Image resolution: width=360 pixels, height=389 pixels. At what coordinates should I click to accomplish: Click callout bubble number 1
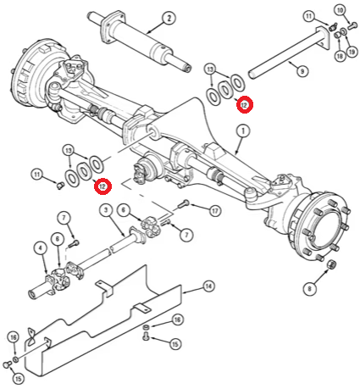[243, 131]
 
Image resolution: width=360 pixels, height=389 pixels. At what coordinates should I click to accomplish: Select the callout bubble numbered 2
[169, 18]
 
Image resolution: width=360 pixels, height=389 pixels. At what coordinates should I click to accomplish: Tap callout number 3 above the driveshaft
[106, 210]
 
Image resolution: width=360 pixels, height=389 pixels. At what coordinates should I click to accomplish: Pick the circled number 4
[41, 249]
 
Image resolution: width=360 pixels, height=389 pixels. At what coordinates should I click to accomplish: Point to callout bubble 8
[310, 289]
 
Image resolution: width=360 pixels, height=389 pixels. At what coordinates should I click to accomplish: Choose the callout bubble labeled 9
[302, 71]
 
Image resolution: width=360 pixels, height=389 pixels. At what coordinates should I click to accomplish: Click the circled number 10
[341, 10]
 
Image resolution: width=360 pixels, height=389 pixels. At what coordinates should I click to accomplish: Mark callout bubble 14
[208, 286]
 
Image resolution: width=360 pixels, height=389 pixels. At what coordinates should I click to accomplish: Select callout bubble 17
[215, 211]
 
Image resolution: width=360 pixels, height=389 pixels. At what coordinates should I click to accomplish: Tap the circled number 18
[340, 56]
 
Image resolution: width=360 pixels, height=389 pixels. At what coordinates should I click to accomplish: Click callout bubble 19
[352, 52]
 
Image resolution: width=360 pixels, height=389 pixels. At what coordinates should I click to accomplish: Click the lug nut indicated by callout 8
[332, 264]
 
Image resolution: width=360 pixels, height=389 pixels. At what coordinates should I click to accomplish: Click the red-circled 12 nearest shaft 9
[244, 105]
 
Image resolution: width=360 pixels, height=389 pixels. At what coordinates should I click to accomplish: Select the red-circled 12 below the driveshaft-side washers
[102, 186]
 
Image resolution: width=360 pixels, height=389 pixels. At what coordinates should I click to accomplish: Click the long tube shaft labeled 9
[288, 53]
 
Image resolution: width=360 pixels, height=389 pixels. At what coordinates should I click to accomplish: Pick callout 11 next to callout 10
[309, 16]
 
